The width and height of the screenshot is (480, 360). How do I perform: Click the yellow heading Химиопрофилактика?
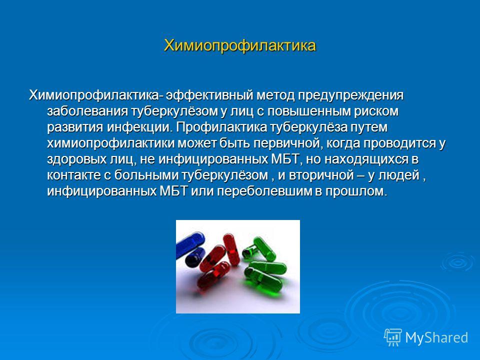pyautogui.click(x=239, y=46)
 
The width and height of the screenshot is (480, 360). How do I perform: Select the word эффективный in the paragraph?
pyautogui.click(x=209, y=95)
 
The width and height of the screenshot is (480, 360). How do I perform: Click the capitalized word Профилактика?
pyautogui.click(x=221, y=127)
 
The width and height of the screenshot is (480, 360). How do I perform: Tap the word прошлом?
pyautogui.click(x=356, y=191)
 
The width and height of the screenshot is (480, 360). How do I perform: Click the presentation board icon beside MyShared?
pyautogui.click(x=393, y=337)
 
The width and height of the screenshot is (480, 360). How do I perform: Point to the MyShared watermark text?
pyautogui.click(x=436, y=337)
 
